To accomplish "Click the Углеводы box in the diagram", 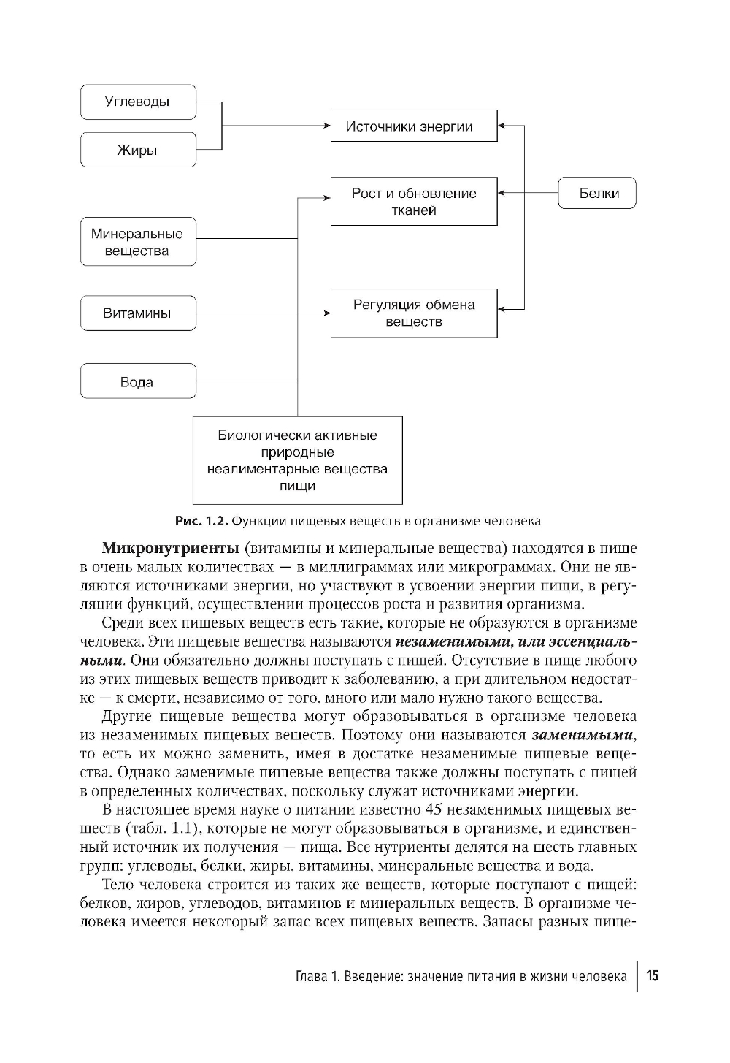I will tap(138, 102).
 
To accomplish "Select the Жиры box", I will tap(138, 150).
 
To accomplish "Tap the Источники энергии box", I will tap(414, 126).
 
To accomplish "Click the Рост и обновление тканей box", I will tap(414, 201).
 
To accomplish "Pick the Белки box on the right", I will tap(598, 194).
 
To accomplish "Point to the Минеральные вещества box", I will tap(138, 242).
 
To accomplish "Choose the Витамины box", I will tap(138, 313).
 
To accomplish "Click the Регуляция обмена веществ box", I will tap(414, 313).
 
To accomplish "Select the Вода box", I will tap(138, 381).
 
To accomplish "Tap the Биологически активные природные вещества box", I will tap(297, 460).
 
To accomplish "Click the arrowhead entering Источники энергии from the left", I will tap(326, 126).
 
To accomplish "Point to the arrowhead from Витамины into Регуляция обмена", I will tap(326, 313).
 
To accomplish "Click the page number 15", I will tap(653, 976).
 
